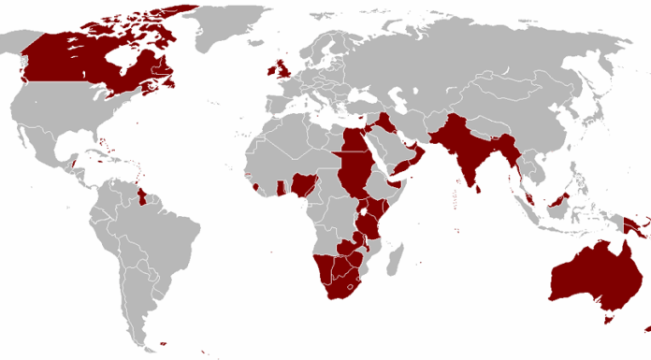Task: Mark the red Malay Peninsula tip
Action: (529, 196)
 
